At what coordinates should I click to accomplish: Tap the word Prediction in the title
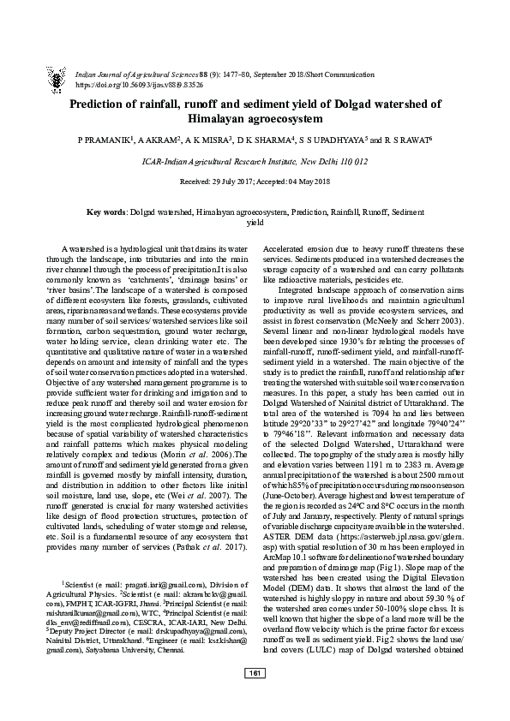[x=108, y=104]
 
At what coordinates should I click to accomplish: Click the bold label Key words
[x=107, y=212]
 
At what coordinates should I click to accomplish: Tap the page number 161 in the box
[x=255, y=695]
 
